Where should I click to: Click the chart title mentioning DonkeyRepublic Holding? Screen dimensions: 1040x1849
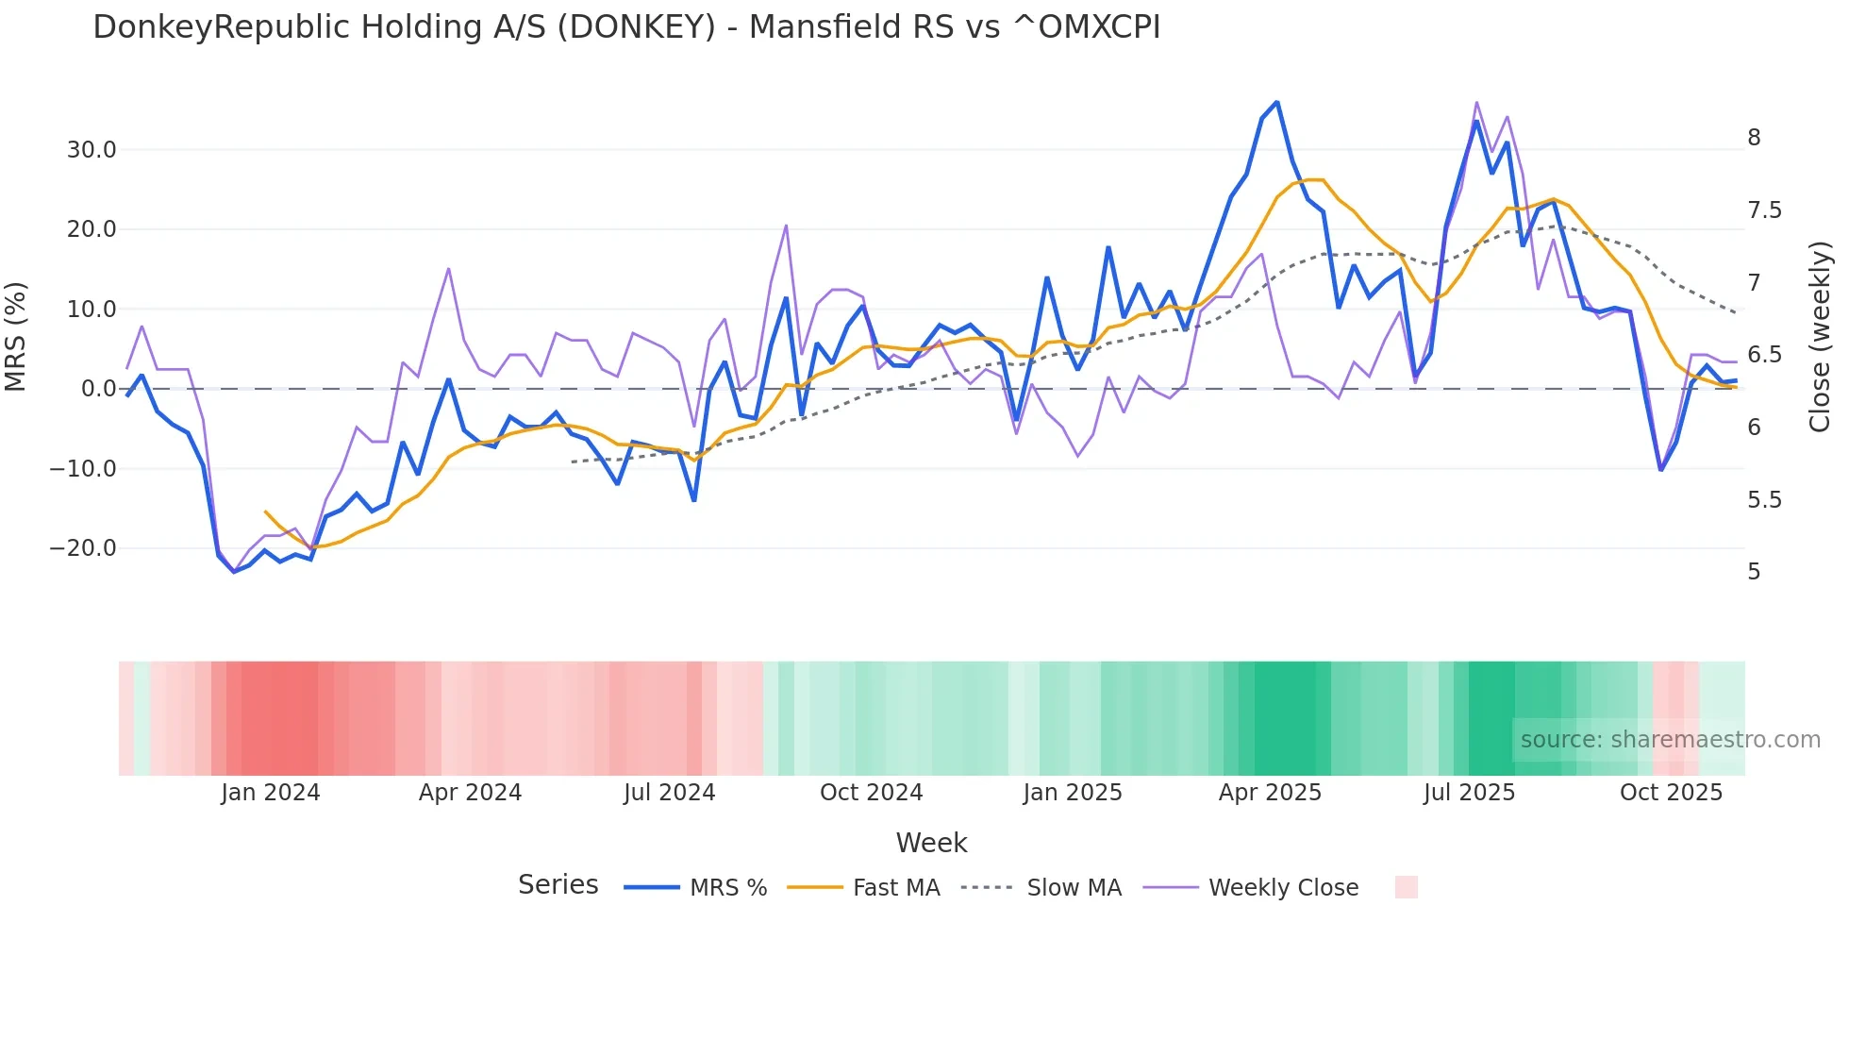point(626,27)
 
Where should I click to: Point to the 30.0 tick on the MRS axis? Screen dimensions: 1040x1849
point(92,150)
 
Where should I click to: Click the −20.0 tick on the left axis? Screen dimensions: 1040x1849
point(83,548)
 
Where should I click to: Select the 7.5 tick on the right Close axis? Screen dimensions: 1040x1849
point(1764,210)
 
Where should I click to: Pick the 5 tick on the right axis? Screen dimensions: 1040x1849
point(1754,572)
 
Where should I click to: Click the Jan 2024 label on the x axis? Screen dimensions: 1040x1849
point(271,793)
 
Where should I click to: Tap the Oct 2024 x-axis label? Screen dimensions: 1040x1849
point(871,793)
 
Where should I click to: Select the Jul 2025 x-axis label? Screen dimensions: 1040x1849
point(1469,793)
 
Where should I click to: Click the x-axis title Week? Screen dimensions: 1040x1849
point(931,843)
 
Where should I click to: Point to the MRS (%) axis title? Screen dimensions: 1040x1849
point(16,337)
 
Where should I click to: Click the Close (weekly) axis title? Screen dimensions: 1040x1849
point(1820,337)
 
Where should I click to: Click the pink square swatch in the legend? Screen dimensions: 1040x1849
point(1406,887)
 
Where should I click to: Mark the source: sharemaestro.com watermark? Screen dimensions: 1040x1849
point(1670,740)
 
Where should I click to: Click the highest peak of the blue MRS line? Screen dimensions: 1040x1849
point(1276,102)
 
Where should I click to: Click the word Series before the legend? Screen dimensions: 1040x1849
point(558,885)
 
